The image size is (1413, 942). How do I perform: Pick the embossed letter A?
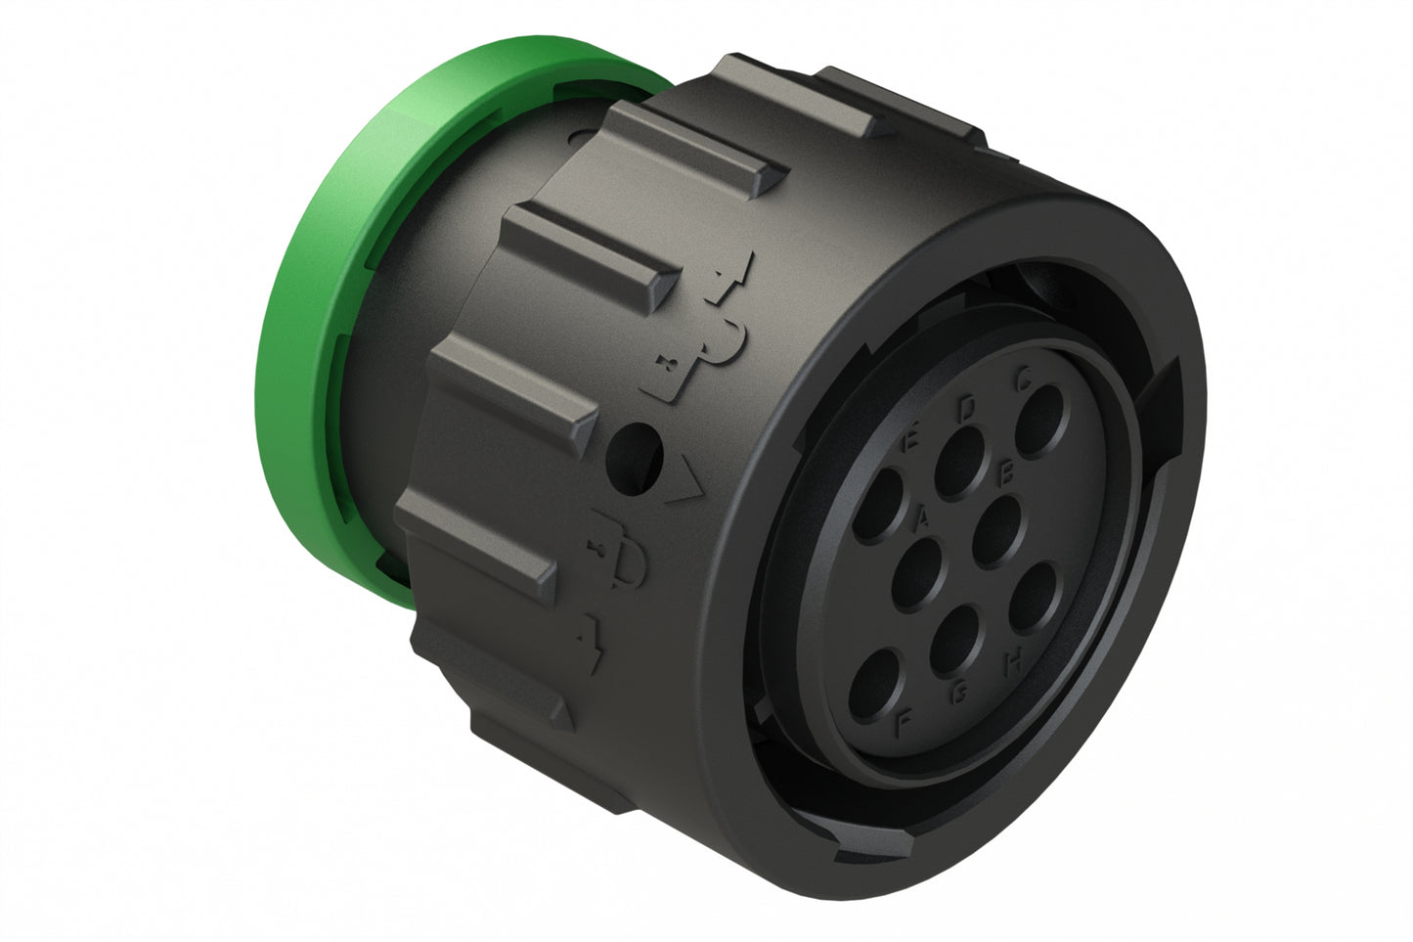tap(920, 516)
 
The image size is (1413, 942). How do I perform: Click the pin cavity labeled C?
tap(1044, 419)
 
